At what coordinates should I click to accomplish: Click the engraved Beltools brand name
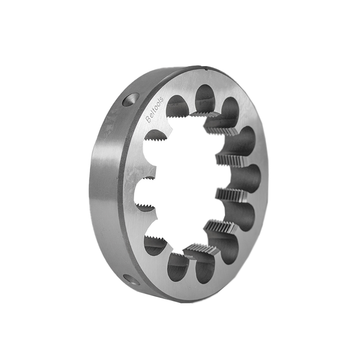point(154,109)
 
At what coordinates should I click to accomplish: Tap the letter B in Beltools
point(148,120)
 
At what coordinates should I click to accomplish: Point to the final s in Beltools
point(161,99)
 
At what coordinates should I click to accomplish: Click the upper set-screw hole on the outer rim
point(131,99)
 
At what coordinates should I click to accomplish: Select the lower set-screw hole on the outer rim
point(131,279)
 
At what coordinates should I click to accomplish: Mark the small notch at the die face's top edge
point(206,67)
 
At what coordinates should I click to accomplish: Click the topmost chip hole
point(205,98)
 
